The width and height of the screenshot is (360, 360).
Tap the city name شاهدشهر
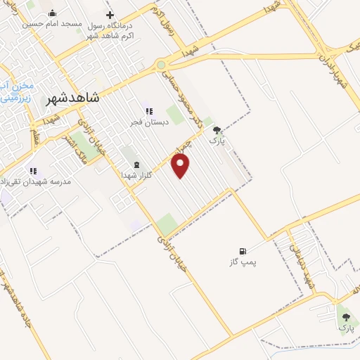pyautogui.click(x=74, y=99)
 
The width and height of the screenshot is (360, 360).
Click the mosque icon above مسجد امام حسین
pyautogui.click(x=52, y=13)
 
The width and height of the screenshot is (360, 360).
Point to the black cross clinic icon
pyautogui.click(x=110, y=15)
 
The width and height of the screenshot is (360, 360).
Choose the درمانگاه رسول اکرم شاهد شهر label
pyautogui.click(x=111, y=31)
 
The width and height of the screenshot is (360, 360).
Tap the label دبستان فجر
pyautogui.click(x=146, y=122)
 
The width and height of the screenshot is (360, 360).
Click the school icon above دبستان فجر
pyautogui.click(x=148, y=110)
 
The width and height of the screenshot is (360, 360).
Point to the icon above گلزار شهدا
pyautogui.click(x=136, y=163)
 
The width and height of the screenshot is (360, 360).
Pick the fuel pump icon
pyautogui.click(x=243, y=251)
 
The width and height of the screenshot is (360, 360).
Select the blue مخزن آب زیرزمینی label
pyautogui.click(x=15, y=92)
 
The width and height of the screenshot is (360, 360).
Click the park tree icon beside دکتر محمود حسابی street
pyautogui.click(x=217, y=129)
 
